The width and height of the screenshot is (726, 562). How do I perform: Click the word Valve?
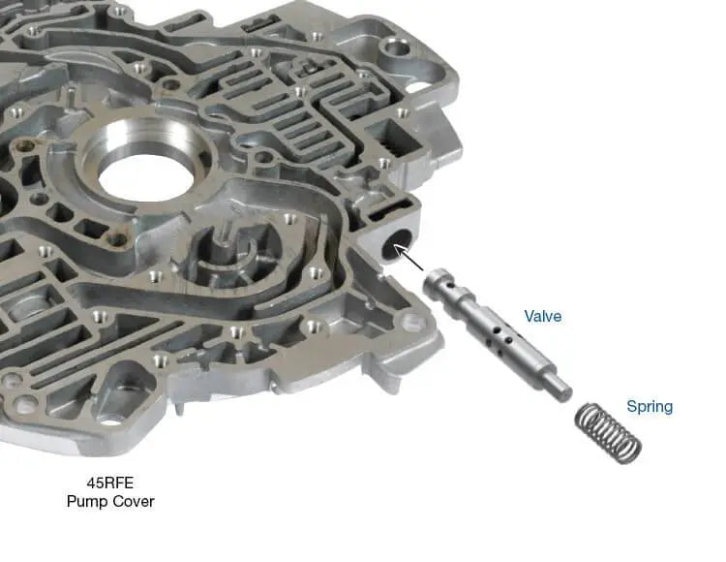[543, 317]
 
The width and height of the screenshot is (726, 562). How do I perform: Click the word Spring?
[650, 407]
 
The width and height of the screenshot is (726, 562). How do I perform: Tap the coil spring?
[609, 434]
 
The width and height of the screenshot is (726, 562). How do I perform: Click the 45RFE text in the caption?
[110, 483]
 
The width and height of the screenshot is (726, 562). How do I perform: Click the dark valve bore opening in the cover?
[397, 244]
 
